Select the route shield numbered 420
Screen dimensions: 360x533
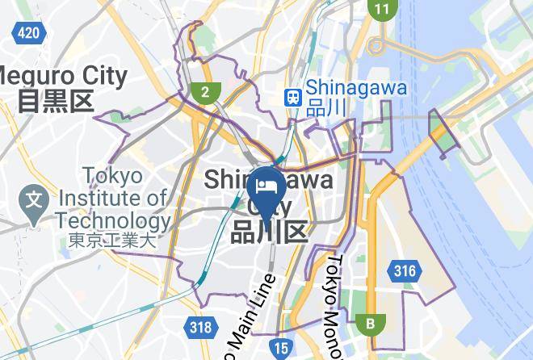[x=29, y=32]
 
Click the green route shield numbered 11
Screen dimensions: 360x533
[x=381, y=10]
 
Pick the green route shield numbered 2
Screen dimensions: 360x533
[x=205, y=91]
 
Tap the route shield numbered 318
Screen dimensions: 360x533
[x=201, y=327]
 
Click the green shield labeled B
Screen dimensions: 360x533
[x=371, y=324]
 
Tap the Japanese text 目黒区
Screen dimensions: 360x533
[x=56, y=100]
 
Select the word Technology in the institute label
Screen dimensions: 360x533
[x=113, y=220]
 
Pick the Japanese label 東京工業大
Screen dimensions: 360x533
[x=111, y=240]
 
